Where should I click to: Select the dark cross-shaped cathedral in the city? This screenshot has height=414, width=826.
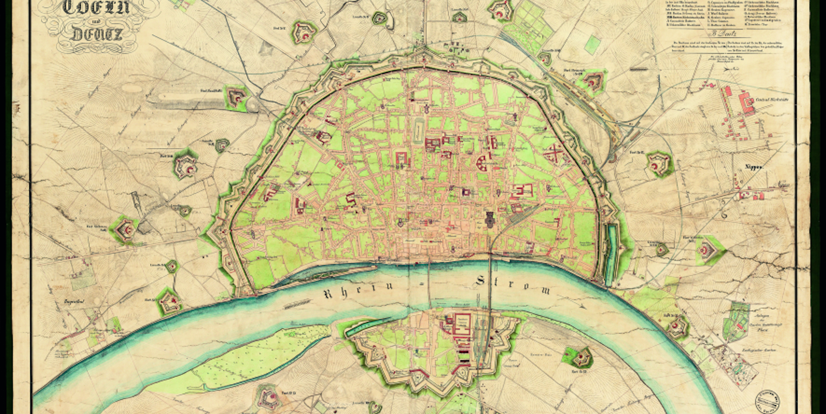[x=490, y=220]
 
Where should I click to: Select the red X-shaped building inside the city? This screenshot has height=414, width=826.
[x=553, y=155]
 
